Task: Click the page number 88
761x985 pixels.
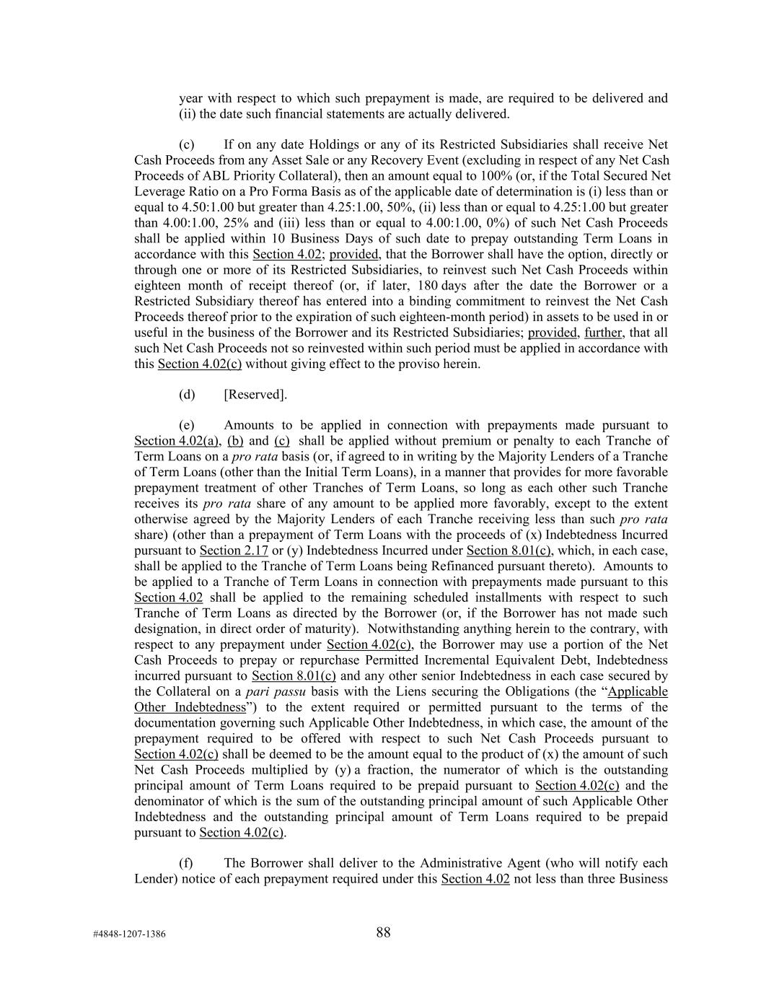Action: tap(383, 932)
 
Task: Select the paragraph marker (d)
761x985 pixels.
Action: tap(187, 394)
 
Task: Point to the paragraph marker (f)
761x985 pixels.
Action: tap(187, 863)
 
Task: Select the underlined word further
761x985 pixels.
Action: tap(603, 332)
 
